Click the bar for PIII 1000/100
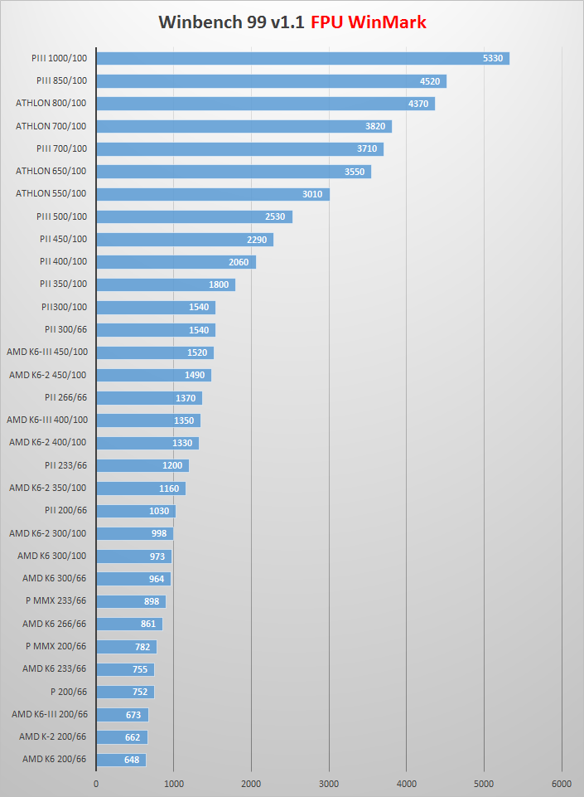click(x=302, y=58)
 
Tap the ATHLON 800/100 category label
click(x=51, y=104)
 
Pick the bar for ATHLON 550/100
click(x=213, y=194)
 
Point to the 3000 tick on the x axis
click(x=329, y=783)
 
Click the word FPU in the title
click(x=327, y=22)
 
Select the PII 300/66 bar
click(x=155, y=330)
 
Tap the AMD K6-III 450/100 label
click(x=46, y=352)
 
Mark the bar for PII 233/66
click(x=142, y=465)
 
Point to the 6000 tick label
click(x=562, y=783)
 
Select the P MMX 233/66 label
click(x=56, y=601)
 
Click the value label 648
click(x=133, y=760)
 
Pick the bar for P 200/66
click(x=124, y=692)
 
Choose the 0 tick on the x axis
click(x=96, y=783)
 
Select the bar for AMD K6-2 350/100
click(x=140, y=488)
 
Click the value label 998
click(x=159, y=533)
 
